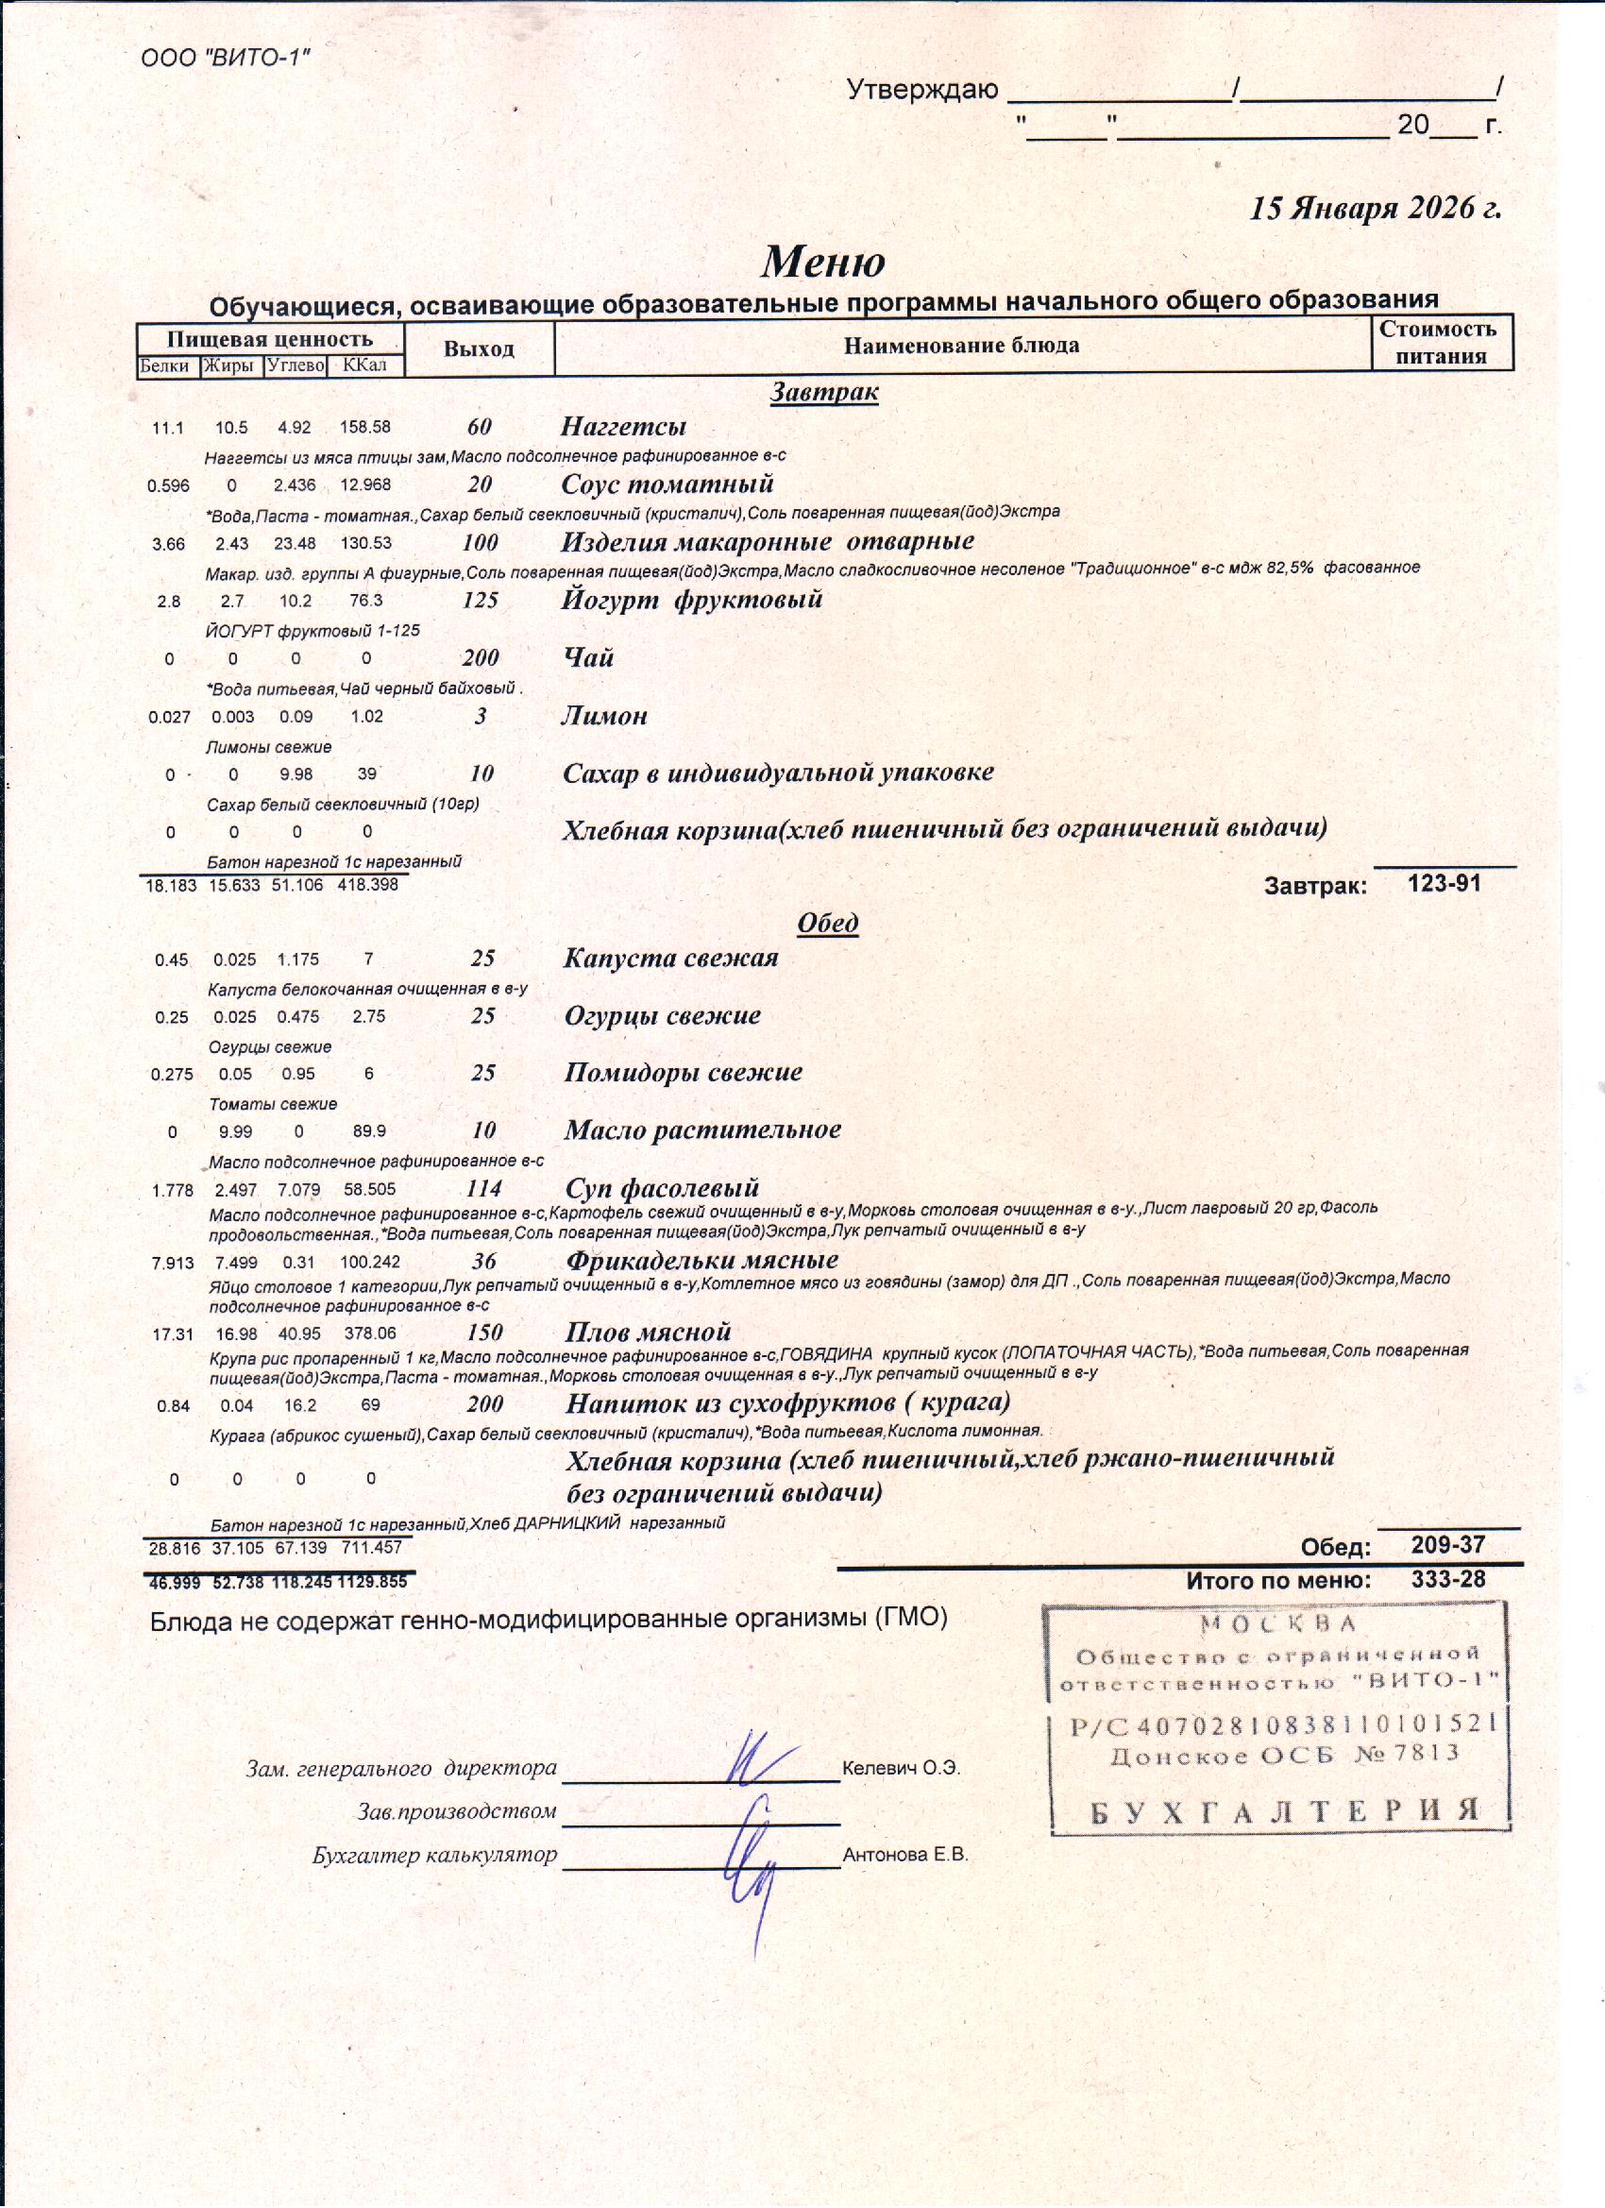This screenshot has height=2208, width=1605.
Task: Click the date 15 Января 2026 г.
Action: click(x=1376, y=209)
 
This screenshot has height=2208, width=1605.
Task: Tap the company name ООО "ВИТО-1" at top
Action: click(x=226, y=58)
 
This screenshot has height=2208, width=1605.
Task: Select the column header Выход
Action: click(x=478, y=348)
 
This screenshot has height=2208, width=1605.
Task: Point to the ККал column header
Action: click(x=365, y=366)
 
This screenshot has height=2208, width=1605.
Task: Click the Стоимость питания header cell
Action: click(x=1442, y=343)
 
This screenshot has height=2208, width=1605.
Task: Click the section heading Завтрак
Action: click(x=823, y=392)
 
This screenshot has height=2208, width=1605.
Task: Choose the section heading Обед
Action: click(x=827, y=922)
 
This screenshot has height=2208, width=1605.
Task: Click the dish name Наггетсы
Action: click(x=623, y=427)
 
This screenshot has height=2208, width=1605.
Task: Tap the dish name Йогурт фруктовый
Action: click(x=691, y=600)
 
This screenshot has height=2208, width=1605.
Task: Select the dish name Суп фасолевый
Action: click(x=662, y=1188)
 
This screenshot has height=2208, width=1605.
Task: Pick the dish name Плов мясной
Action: click(x=649, y=1332)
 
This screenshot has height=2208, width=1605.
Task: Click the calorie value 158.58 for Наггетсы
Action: click(x=365, y=427)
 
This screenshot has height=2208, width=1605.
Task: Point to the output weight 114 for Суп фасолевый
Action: click(x=483, y=1188)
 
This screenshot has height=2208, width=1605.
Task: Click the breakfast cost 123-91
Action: click(x=1444, y=883)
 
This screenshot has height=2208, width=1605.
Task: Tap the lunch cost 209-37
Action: click(x=1448, y=1545)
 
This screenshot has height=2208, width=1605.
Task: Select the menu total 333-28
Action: click(x=1448, y=1579)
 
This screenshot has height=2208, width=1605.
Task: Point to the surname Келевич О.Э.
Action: click(x=902, y=1769)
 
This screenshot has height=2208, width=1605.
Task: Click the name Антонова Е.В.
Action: click(x=905, y=1855)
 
